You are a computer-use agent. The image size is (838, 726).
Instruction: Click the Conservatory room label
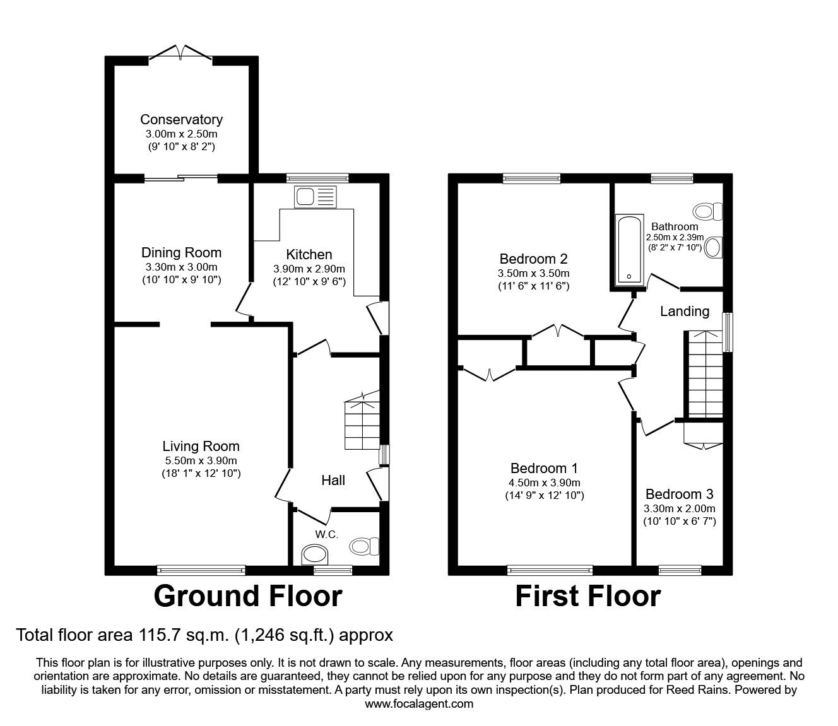click(x=181, y=119)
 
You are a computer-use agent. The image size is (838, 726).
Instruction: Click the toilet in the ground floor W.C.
click(x=365, y=545)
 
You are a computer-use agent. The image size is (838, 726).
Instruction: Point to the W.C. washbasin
click(x=316, y=556)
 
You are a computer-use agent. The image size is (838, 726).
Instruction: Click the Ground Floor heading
click(x=247, y=596)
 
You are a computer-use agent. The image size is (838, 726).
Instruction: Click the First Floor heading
click(x=587, y=596)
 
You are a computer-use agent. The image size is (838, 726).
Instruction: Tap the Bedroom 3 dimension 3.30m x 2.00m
click(x=679, y=508)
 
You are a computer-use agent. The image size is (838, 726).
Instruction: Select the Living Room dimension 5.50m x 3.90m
click(x=201, y=460)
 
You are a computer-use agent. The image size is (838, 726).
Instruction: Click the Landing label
click(x=684, y=311)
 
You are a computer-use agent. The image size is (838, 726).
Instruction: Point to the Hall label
click(x=333, y=481)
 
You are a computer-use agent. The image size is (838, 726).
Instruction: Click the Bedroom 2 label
click(x=533, y=259)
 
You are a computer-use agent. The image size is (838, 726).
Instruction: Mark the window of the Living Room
click(x=201, y=570)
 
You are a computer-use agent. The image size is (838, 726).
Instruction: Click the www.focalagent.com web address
click(x=419, y=704)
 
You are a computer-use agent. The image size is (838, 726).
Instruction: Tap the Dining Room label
click(x=181, y=253)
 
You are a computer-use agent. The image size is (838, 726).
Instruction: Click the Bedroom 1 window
click(x=550, y=570)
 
